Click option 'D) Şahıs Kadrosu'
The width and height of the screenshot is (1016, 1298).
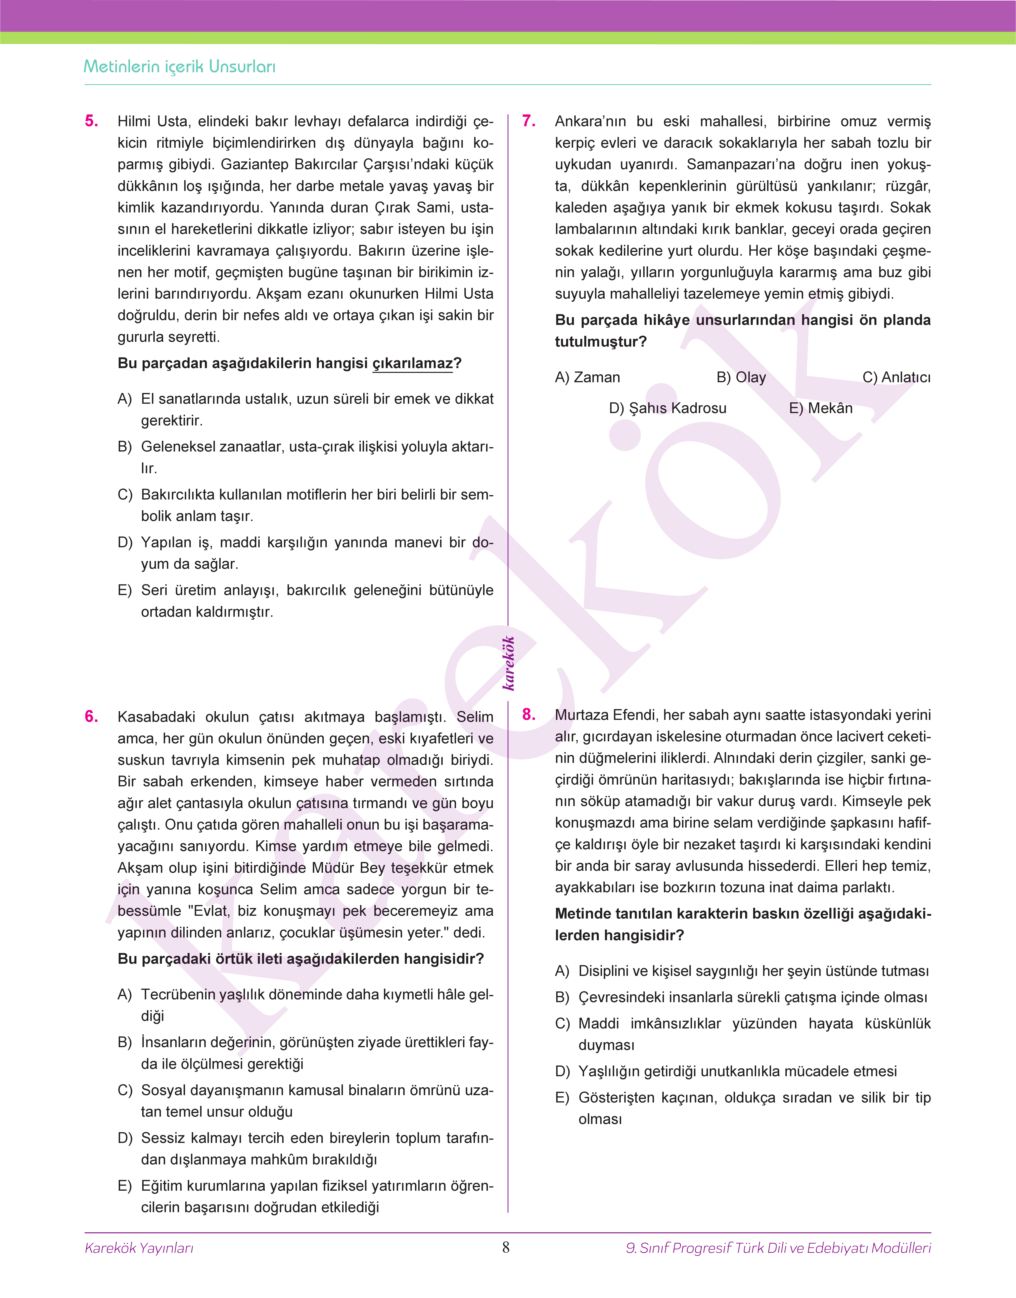tap(668, 408)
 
